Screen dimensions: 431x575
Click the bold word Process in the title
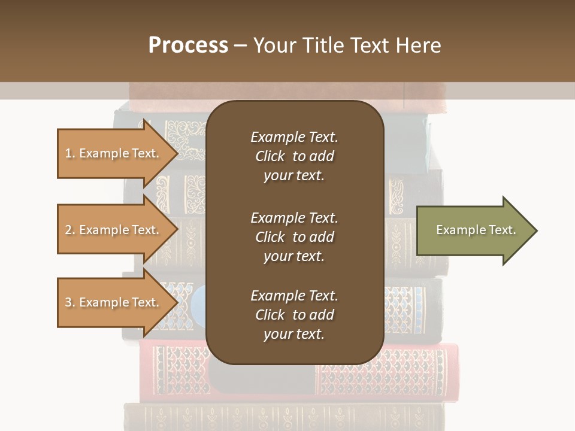(x=188, y=45)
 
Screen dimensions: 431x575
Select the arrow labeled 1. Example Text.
(x=114, y=153)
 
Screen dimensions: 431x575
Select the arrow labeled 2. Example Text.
(x=114, y=230)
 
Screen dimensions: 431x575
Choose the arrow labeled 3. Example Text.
(x=114, y=302)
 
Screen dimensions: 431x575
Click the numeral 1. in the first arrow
(x=70, y=153)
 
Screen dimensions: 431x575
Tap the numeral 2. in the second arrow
(x=70, y=230)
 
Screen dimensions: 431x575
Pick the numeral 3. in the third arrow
(x=70, y=302)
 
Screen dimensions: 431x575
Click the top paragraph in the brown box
(x=294, y=156)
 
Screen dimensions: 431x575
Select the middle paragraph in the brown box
(x=294, y=237)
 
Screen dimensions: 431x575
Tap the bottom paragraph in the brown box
(x=294, y=315)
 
